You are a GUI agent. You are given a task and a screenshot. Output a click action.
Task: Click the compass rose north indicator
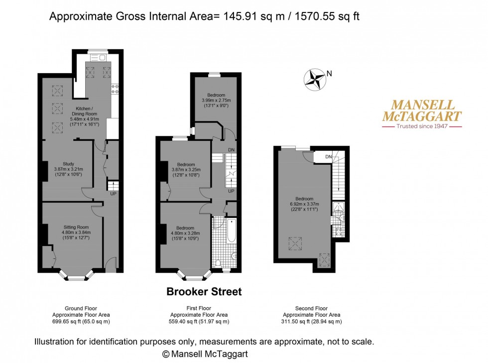(315, 79)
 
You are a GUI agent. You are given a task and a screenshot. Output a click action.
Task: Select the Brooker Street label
(204, 292)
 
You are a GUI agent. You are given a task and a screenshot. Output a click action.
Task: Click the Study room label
(68, 164)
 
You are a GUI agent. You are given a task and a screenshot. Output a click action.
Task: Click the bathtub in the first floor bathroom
(231, 231)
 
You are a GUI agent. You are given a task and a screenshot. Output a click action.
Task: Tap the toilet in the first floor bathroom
(219, 262)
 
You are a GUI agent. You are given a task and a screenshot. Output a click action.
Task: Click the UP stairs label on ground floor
(113, 194)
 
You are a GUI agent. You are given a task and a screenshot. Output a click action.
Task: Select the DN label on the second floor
(328, 157)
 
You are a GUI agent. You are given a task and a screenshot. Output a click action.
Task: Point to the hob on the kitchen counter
(115, 89)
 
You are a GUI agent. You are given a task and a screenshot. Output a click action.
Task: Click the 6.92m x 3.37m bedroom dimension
(304, 204)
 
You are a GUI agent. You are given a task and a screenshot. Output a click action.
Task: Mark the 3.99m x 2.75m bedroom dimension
(216, 100)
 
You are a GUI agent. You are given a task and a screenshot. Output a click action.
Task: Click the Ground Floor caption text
(81, 308)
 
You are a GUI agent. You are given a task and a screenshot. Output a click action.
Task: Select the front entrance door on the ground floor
(112, 264)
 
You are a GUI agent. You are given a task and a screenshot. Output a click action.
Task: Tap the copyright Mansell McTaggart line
(205, 354)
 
